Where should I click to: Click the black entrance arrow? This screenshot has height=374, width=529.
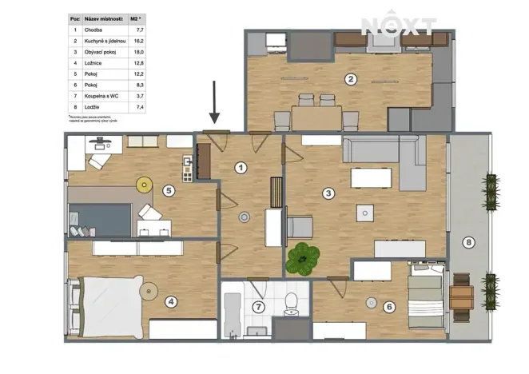coord(214,102)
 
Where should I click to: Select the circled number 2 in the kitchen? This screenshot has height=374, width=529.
coord(349,78)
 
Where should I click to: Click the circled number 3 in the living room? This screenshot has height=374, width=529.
coord(327,193)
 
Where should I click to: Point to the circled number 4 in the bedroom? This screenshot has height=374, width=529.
coord(169,302)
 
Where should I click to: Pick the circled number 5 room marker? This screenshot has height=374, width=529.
coord(169,190)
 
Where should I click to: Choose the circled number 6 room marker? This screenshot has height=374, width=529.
coord(389,304)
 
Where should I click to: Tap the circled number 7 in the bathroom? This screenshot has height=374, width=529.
coord(257,306)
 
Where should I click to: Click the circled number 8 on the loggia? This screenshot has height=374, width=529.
coord(468,242)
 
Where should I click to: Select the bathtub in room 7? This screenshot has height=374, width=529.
coord(232,312)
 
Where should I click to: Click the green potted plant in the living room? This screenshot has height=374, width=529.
coord(304,257)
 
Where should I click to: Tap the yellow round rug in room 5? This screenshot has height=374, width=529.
coord(144,185)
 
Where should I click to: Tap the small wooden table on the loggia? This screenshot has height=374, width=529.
coord(462,296)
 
